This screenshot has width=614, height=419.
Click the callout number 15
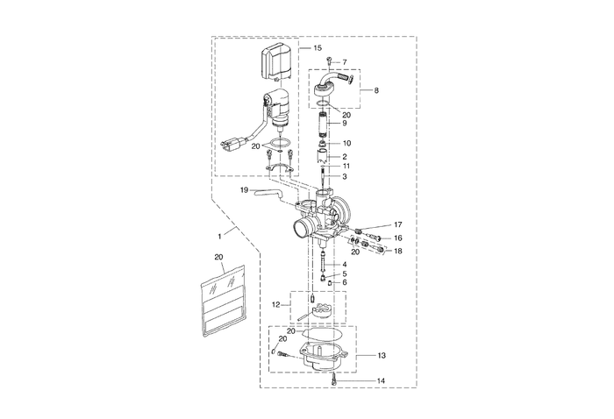pos(317,46)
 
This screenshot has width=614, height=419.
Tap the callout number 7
pos(345,62)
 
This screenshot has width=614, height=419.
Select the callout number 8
pos(376,90)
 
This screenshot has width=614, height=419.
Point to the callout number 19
pos(245,189)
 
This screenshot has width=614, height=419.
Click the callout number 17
pos(396,225)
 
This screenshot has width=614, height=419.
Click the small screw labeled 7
pos(328,62)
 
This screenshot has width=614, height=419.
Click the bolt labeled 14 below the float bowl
pos(336,380)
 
